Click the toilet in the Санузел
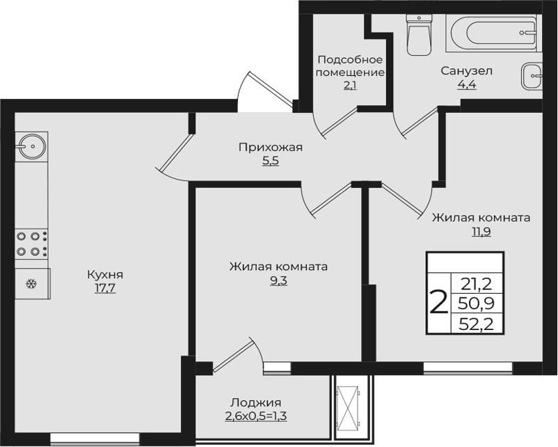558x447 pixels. click(419, 35)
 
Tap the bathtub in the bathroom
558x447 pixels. click(494, 33)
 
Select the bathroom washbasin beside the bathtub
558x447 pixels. click(532, 76)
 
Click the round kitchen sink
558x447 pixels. click(32, 146)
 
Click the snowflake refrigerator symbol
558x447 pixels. click(32, 284)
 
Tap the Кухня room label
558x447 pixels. click(105, 274)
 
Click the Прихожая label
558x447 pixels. click(271, 147)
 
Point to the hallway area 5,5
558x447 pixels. click(271, 161)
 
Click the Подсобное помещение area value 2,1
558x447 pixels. click(350, 86)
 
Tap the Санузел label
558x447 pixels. click(467, 71)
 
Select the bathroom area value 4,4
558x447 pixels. click(467, 85)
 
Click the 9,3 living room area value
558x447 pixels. click(278, 281)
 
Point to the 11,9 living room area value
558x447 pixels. click(481, 232)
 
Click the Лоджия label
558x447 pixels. click(256, 402)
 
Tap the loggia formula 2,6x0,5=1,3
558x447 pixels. click(256, 416)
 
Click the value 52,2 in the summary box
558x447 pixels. click(477, 324)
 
